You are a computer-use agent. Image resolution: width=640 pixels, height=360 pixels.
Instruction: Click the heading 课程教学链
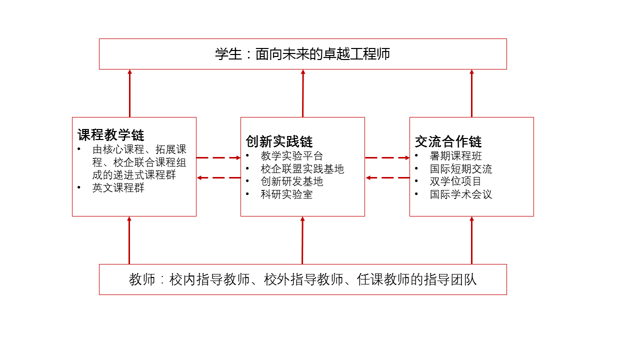pyautogui.click(x=110, y=135)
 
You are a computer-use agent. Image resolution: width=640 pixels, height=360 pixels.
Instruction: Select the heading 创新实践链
pyautogui.click(x=279, y=141)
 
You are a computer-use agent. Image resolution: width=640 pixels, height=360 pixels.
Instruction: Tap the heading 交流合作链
pyautogui.click(x=448, y=141)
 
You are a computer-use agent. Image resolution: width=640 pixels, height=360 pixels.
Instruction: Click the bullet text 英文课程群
pyautogui.click(x=118, y=188)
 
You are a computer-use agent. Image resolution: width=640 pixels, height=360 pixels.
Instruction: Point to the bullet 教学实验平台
pyautogui.click(x=292, y=156)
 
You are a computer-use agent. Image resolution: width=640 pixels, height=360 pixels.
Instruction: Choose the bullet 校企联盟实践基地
pyautogui.click(x=302, y=169)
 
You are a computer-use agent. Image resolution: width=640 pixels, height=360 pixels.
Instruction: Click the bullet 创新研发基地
pyautogui.click(x=292, y=181)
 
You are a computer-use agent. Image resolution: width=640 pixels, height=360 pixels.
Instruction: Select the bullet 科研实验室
pyautogui.click(x=286, y=194)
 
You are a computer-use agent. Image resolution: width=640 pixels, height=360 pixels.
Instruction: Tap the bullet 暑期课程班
pyautogui.click(x=455, y=156)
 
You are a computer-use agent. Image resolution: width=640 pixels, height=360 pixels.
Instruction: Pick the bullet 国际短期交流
pyautogui.click(x=460, y=169)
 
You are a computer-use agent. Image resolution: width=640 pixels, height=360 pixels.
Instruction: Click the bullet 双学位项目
pyautogui.click(x=455, y=181)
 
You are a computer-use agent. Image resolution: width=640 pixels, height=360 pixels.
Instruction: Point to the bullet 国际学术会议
pyautogui.click(x=460, y=194)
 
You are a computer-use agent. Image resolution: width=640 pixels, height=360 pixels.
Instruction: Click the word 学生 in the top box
pyautogui.click(x=228, y=54)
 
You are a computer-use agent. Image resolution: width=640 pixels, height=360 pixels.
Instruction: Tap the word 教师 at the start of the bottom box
pyautogui.click(x=142, y=279)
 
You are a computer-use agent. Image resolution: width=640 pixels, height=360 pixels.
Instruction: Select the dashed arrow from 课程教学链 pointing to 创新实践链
pyautogui.click(x=218, y=157)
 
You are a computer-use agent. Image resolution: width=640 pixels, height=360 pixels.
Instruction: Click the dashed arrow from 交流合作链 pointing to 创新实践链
pyautogui.click(x=387, y=177)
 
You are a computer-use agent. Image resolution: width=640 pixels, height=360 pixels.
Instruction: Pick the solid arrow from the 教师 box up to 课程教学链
pyautogui.click(x=129, y=240)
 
